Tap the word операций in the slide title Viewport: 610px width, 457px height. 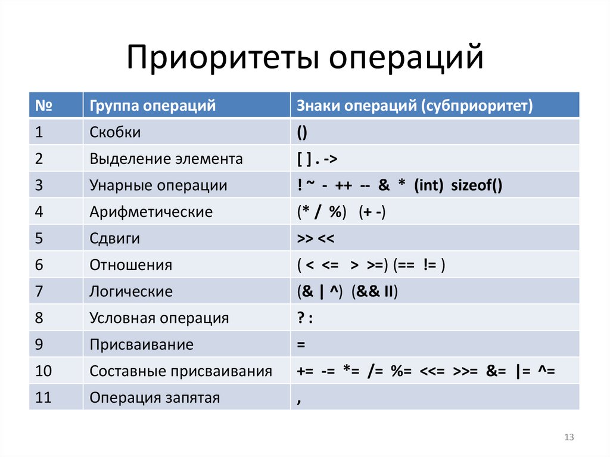(406, 58)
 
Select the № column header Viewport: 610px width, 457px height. (41, 106)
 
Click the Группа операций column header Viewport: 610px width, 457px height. (152, 106)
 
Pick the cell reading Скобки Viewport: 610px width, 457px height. (115, 132)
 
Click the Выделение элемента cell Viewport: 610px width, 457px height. (166, 159)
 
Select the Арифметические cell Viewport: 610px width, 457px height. (151, 212)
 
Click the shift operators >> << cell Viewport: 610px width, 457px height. (316, 238)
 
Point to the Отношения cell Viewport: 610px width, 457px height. (130, 265)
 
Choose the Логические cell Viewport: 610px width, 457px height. (131, 291)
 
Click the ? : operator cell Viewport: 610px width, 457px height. (305, 318)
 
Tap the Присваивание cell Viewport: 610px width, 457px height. (141, 344)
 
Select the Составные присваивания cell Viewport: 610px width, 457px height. (180, 371)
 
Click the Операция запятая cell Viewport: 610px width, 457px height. (154, 397)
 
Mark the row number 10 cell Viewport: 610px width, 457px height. (43, 371)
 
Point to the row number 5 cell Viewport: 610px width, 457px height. (39, 238)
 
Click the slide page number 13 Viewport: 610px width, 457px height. (568, 438)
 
